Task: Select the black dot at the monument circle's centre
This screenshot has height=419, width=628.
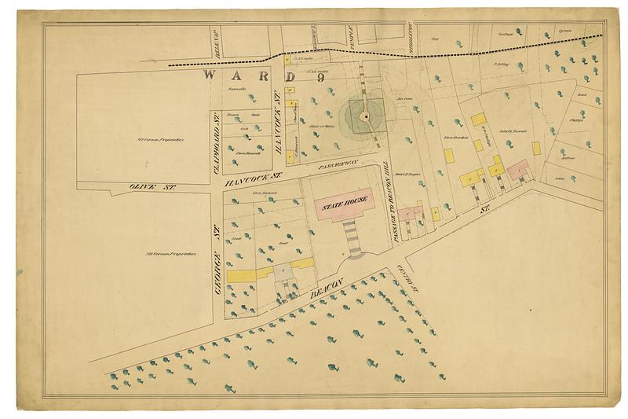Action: pyautogui.click(x=364, y=116)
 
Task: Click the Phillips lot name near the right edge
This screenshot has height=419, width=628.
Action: pyautogui.click(x=577, y=122)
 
